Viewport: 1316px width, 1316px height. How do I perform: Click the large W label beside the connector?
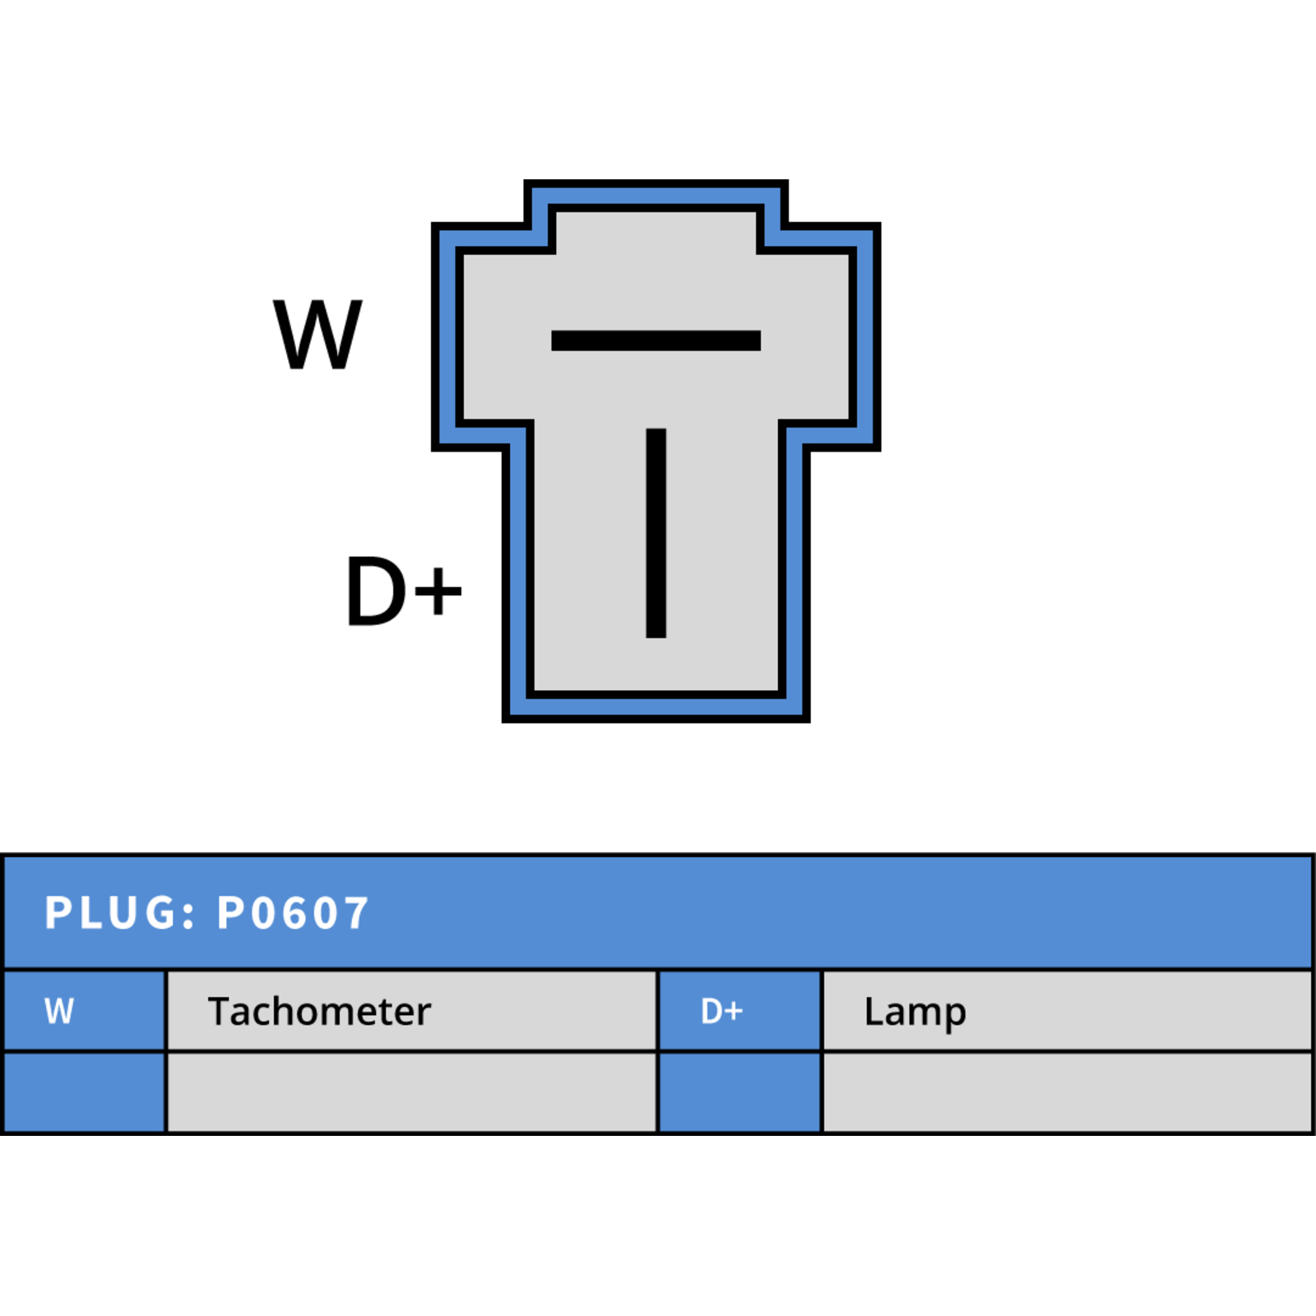click(x=317, y=334)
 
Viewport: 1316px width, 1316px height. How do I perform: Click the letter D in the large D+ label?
click(x=377, y=591)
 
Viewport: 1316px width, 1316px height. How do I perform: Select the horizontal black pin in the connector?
click(x=656, y=341)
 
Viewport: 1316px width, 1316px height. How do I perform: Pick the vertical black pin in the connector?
click(x=656, y=533)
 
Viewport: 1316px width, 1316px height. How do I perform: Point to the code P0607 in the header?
click(x=293, y=913)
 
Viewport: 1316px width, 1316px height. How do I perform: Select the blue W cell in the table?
click(x=85, y=1011)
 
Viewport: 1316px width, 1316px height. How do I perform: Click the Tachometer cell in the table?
click(x=412, y=1011)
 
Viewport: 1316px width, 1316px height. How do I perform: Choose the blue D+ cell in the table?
click(x=740, y=1011)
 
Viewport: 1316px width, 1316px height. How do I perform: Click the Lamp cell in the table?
click(x=1068, y=1011)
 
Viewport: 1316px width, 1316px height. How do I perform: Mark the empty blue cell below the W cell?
click(x=85, y=1092)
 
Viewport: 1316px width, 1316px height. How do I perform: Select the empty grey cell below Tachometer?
click(x=412, y=1092)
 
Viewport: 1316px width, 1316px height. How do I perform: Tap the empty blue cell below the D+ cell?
click(x=740, y=1092)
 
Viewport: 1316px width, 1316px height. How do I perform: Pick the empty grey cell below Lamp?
click(x=1068, y=1092)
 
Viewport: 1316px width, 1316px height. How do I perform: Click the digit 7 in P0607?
click(x=355, y=913)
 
